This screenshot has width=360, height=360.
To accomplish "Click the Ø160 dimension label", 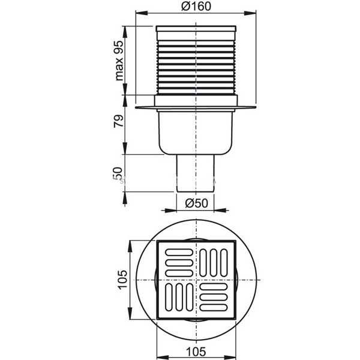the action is coord(196,6).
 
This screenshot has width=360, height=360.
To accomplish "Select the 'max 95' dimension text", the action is coord(119,61).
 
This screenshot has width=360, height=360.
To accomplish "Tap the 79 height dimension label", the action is coord(119,121).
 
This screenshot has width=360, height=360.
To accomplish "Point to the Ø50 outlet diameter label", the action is coord(196,203).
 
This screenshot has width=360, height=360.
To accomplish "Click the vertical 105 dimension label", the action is coord(122,280).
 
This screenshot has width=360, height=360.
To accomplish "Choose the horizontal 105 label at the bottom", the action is coord(196,352).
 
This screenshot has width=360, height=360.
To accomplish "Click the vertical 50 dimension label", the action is coord(118,173).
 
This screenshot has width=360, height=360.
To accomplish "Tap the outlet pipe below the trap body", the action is coord(195,173).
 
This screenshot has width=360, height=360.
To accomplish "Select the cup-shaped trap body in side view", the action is coord(196,133).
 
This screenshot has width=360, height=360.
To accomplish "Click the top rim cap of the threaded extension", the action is coord(196,29).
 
